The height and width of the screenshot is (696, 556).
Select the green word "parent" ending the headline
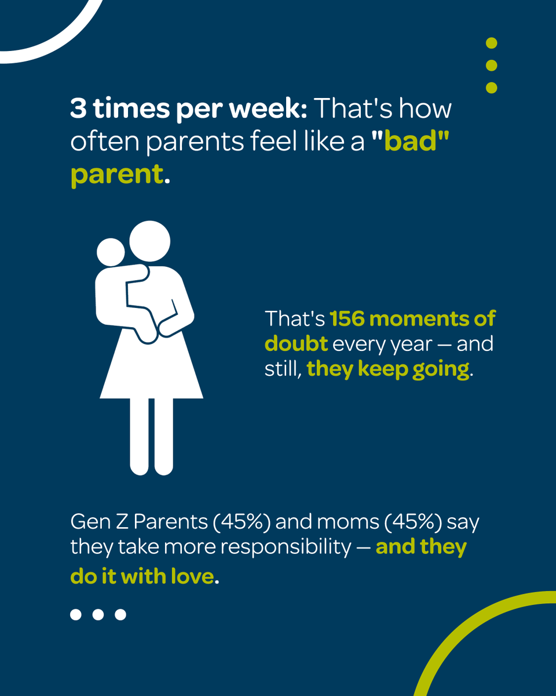pos(117,175)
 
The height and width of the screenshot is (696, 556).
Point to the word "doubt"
pos(296,344)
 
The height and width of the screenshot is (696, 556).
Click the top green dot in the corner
pos(491,43)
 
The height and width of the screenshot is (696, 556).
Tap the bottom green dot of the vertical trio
pos(491,88)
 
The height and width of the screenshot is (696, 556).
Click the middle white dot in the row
pos(98,614)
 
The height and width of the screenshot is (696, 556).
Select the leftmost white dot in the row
pos(76,614)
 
